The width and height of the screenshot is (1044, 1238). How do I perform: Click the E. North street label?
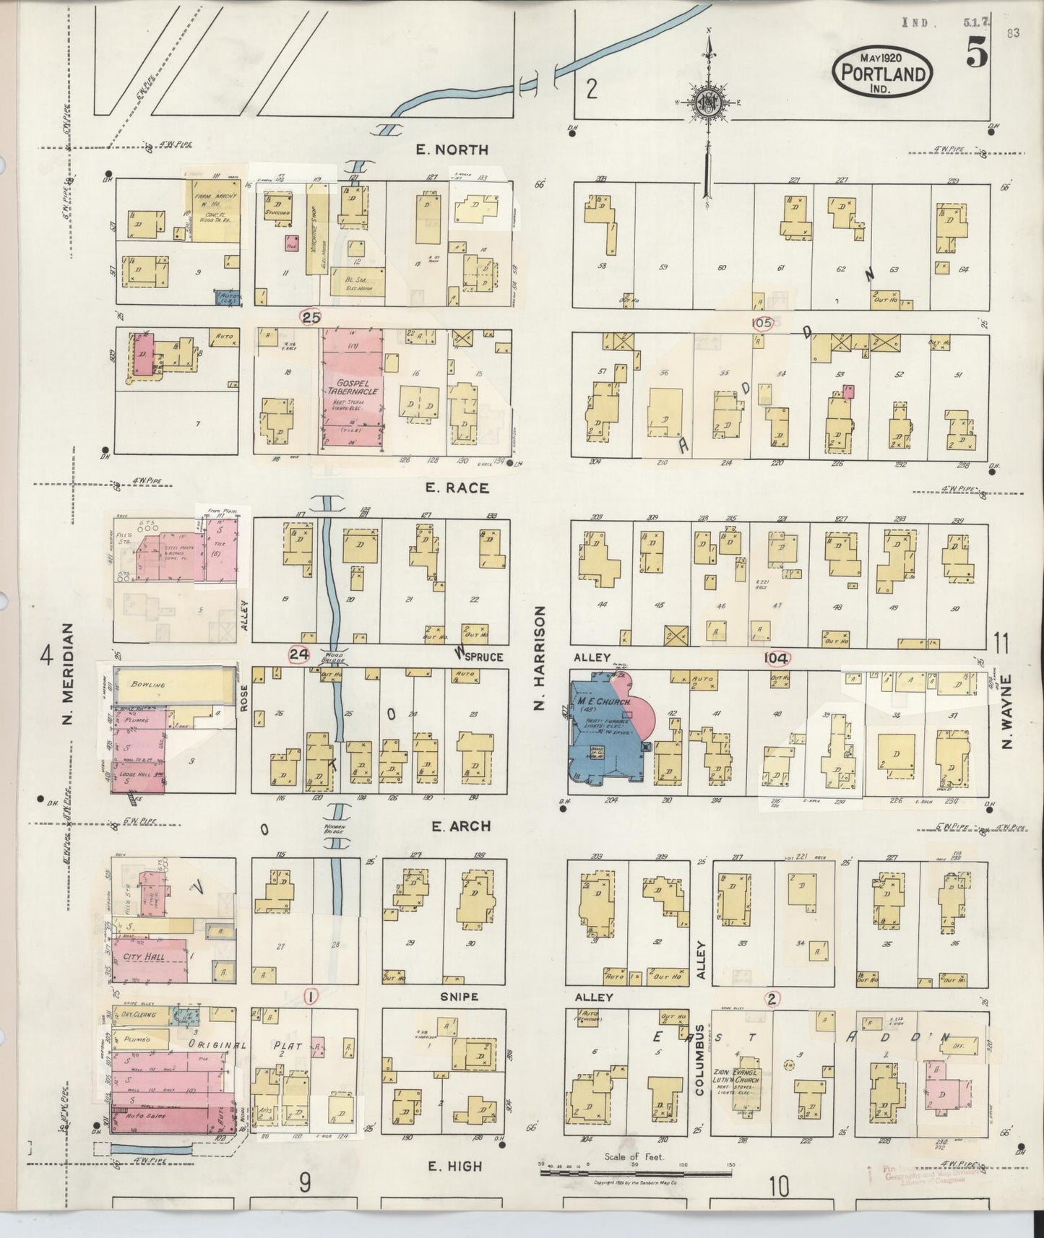pyautogui.click(x=452, y=150)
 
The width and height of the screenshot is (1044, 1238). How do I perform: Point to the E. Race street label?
pyautogui.click(x=457, y=488)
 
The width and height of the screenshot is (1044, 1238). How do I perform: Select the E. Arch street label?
pyautogui.click(x=460, y=826)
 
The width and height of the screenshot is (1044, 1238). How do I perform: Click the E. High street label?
pyautogui.click(x=454, y=1166)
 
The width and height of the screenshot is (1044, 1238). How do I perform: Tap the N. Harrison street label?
pyautogui.click(x=538, y=658)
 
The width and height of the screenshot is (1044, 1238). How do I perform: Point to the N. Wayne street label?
pyautogui.click(x=1008, y=711)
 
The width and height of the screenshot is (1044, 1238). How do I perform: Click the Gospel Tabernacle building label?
pyautogui.click(x=352, y=386)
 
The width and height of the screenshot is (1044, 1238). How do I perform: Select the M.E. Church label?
pyautogui.click(x=605, y=701)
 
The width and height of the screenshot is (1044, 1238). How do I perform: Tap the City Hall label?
pyautogui.click(x=144, y=956)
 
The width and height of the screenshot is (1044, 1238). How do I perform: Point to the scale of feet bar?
pyautogui.click(x=636, y=1173)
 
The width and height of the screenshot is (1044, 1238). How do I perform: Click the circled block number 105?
pyautogui.click(x=762, y=323)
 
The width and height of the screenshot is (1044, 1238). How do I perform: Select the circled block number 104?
pyautogui.click(x=777, y=658)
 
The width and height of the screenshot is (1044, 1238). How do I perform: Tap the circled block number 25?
pyautogui.click(x=311, y=316)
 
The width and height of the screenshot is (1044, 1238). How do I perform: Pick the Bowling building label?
pyautogui.click(x=148, y=684)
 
